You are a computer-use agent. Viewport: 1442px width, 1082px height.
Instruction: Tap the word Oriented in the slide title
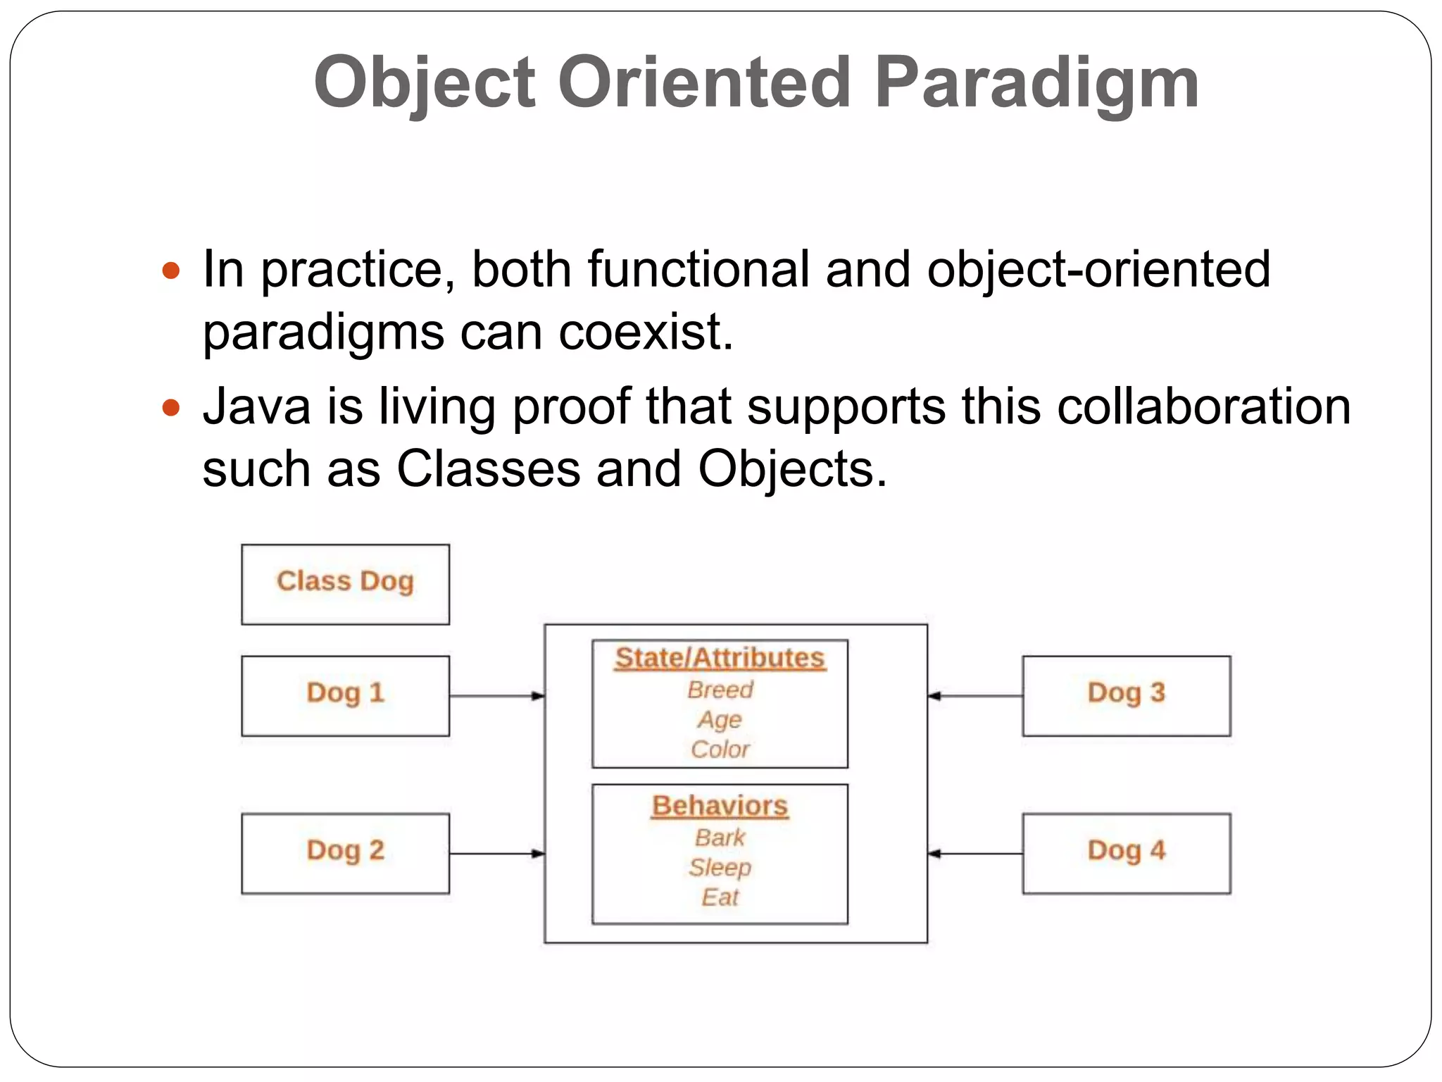pyautogui.click(x=704, y=82)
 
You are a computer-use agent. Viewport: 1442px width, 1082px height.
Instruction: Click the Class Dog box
pyautogui.click(x=345, y=584)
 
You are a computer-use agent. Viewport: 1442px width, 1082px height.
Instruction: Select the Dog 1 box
pyautogui.click(x=345, y=695)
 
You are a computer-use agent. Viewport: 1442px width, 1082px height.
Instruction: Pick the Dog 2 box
pyautogui.click(x=345, y=853)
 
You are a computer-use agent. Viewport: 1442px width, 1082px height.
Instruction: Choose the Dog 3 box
pyautogui.click(x=1126, y=695)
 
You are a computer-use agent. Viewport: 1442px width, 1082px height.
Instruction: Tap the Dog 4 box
pyautogui.click(x=1126, y=853)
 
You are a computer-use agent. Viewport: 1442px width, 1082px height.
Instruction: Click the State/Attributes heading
pyautogui.click(x=720, y=658)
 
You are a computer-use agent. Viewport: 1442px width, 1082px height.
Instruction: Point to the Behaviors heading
pyautogui.click(x=720, y=806)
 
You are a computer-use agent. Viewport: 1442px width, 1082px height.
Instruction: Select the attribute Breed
pyautogui.click(x=720, y=690)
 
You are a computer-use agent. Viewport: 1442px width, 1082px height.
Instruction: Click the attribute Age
pyautogui.click(x=720, y=720)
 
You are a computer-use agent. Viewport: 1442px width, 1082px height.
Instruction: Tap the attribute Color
pyautogui.click(x=720, y=750)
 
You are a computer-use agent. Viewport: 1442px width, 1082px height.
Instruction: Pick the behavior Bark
pyautogui.click(x=720, y=838)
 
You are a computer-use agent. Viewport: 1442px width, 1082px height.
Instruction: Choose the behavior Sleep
pyautogui.click(x=720, y=867)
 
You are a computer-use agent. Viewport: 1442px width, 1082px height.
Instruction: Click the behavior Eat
pyautogui.click(x=720, y=897)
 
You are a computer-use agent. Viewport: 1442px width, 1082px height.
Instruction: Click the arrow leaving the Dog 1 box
pyautogui.click(x=496, y=696)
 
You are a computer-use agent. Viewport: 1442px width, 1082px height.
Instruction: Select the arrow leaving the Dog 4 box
pyautogui.click(x=975, y=854)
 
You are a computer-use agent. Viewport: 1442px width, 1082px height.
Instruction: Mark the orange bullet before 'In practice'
pyautogui.click(x=171, y=270)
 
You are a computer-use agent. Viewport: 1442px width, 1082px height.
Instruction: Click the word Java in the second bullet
pyautogui.click(x=256, y=407)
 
